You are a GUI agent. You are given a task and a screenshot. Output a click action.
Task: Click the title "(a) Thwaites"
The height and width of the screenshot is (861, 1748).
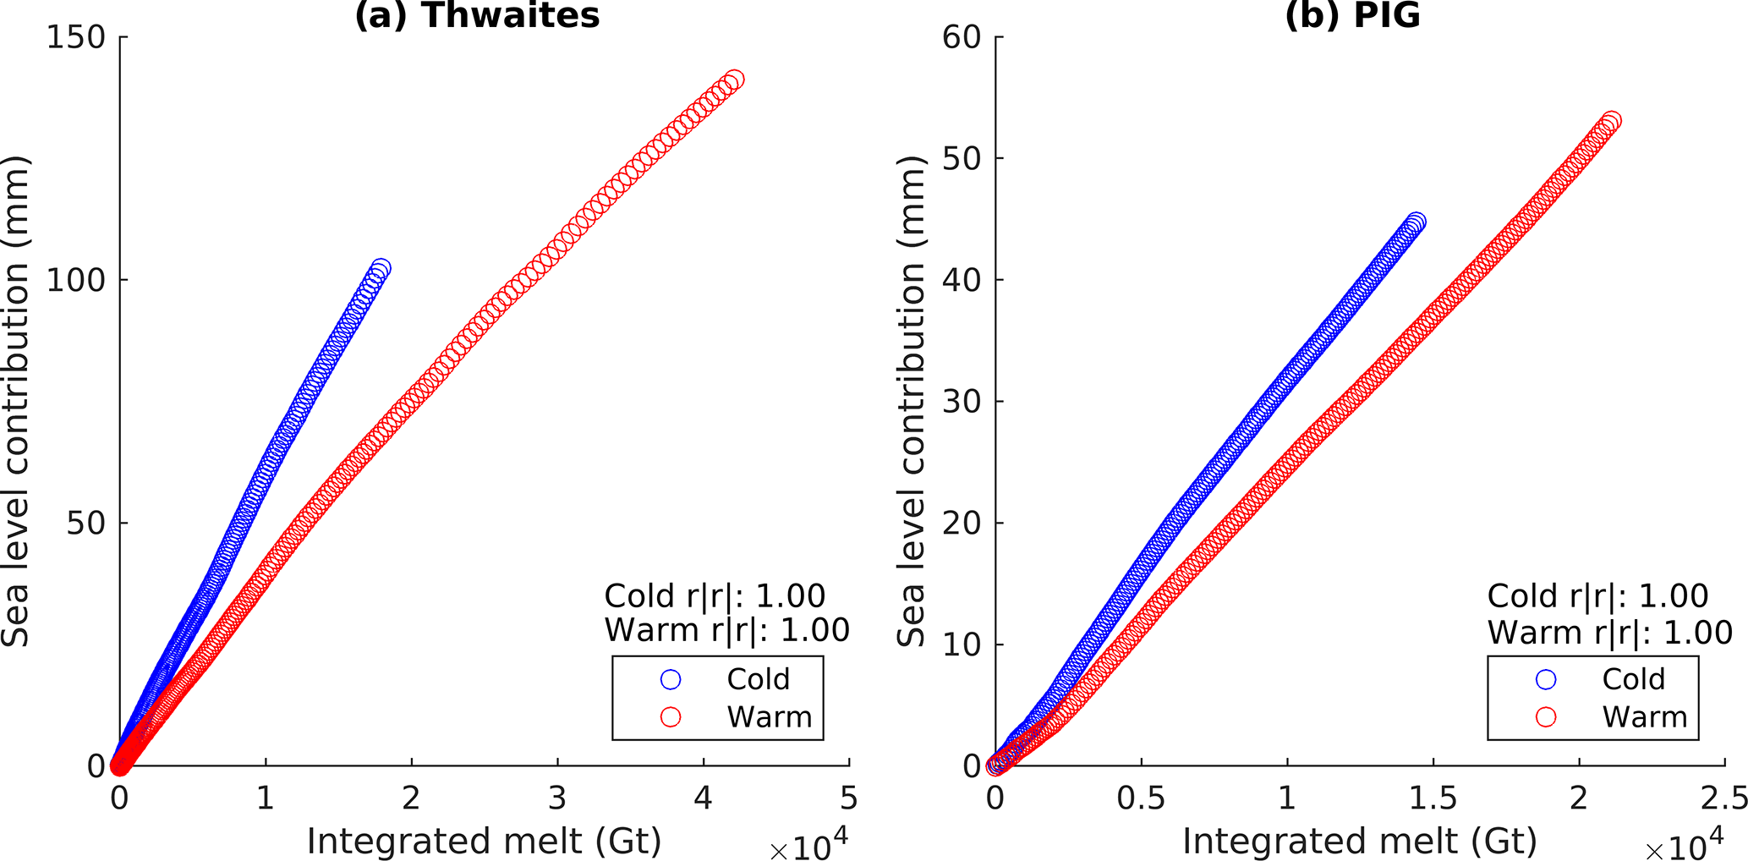(477, 15)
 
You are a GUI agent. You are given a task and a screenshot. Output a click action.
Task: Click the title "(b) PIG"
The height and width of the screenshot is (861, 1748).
(1352, 15)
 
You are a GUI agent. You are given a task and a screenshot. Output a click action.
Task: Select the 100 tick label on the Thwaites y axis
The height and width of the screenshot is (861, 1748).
(75, 280)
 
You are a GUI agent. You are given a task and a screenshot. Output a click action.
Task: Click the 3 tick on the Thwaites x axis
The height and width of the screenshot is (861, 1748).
(557, 798)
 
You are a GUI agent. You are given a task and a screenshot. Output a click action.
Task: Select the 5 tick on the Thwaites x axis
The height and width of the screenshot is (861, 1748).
(848, 798)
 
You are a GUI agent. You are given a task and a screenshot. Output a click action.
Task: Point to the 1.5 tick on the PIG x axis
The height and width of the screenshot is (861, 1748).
(1433, 798)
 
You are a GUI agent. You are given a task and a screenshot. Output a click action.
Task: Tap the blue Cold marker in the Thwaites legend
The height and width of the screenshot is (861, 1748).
(671, 679)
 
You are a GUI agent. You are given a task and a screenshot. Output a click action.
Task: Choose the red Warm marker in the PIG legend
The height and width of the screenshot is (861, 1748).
(1546, 717)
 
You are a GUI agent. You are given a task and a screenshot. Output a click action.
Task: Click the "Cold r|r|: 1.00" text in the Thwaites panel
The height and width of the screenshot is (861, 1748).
(715, 596)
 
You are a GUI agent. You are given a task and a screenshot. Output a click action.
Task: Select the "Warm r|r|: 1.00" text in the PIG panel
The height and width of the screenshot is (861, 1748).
(1610, 632)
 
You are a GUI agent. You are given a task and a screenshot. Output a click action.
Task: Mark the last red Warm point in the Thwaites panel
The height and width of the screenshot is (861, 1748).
(734, 80)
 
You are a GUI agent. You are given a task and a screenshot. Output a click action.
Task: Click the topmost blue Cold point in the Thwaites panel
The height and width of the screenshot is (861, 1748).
(381, 269)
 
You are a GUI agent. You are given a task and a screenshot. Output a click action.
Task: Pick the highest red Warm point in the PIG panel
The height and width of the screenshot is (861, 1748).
(1612, 121)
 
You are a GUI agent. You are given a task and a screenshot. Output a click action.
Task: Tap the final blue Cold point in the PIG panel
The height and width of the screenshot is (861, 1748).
(1416, 222)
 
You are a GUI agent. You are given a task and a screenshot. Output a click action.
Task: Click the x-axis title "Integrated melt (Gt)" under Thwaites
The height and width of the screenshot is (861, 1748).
(484, 842)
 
